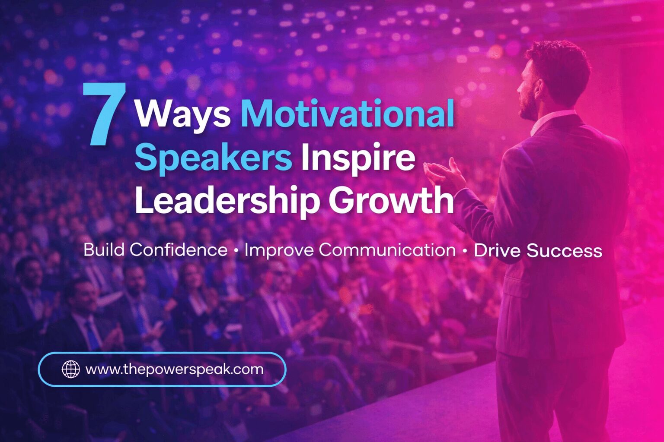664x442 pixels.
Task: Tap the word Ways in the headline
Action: (x=182, y=114)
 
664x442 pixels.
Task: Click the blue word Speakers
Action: (x=213, y=158)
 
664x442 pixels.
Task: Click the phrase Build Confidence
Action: (x=155, y=250)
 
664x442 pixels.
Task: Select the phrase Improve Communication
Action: (x=350, y=250)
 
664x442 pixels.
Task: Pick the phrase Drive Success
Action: (x=538, y=251)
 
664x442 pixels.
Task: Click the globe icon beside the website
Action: (x=71, y=369)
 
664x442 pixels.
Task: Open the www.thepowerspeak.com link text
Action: (x=174, y=369)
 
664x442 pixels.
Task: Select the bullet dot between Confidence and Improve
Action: (x=236, y=251)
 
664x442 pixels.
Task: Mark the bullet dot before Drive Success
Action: (x=465, y=251)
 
